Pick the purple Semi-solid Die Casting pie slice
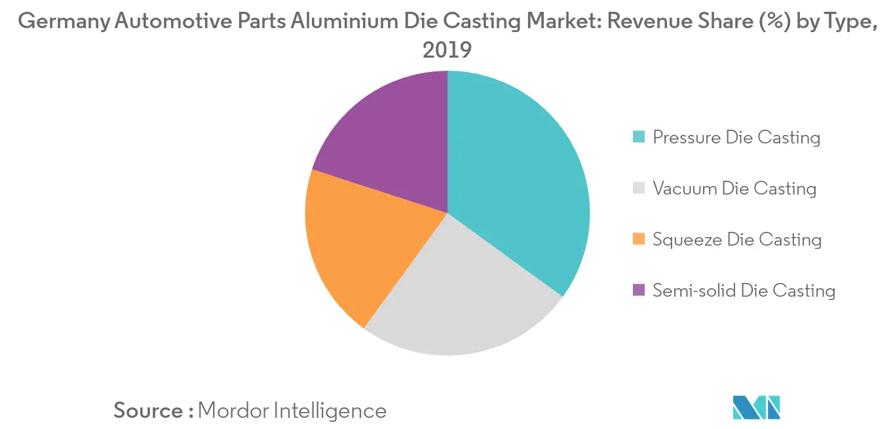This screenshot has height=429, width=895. (x=387, y=138)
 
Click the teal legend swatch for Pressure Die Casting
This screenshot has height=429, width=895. (x=639, y=138)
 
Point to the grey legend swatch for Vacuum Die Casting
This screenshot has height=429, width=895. (x=639, y=189)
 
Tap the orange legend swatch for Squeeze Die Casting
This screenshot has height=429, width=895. (x=639, y=239)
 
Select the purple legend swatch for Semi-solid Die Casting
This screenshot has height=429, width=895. (x=639, y=290)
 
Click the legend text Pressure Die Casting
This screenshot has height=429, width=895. (x=736, y=138)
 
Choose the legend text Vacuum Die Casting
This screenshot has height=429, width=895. (x=734, y=189)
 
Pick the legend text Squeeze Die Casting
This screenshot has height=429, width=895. (x=737, y=239)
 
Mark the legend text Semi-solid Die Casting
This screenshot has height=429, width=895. (x=744, y=290)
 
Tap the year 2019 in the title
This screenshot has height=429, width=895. (x=447, y=50)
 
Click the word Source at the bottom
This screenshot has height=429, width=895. (x=149, y=411)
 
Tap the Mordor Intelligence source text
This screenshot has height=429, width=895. (x=292, y=411)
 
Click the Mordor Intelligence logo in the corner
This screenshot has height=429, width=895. (x=757, y=407)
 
